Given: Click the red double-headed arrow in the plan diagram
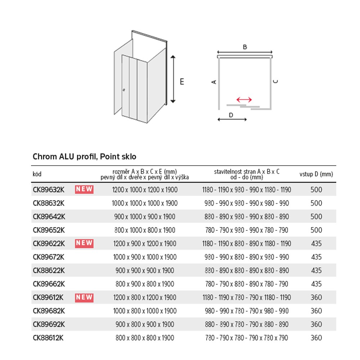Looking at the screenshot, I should (244, 99).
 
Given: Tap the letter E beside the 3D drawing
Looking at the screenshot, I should (182, 82).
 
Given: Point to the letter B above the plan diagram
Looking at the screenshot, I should (245, 47).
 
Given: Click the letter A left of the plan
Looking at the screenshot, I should (214, 82).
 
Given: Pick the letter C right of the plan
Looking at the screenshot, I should (275, 81).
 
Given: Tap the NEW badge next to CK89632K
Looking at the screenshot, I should (84, 189).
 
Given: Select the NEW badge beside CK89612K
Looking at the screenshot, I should (84, 297).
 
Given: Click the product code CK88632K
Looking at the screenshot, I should (49, 203).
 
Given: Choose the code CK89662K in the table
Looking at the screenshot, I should (49, 284).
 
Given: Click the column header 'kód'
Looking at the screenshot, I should (37, 174).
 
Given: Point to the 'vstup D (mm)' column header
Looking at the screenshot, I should (316, 174).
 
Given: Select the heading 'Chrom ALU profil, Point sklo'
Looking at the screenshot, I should (85, 157).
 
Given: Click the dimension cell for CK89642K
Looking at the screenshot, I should (145, 216).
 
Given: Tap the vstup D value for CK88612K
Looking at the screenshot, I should (316, 338).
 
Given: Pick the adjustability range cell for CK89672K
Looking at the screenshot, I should (247, 257).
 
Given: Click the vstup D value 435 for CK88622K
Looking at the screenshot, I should (316, 270).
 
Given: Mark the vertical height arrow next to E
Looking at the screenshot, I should (173, 79).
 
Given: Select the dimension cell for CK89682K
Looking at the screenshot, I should (145, 311).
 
